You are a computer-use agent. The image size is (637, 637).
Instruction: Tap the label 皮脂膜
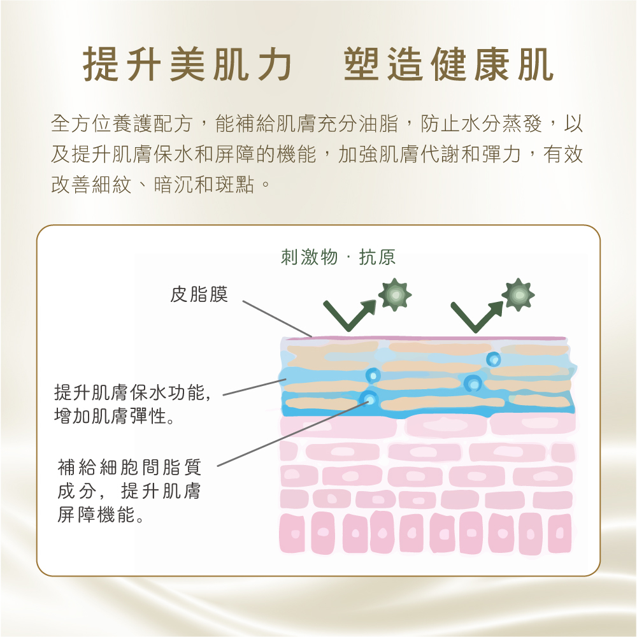[x=199, y=294]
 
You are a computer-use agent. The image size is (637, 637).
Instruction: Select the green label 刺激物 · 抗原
[x=338, y=257]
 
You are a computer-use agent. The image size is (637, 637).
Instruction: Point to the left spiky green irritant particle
[x=395, y=295]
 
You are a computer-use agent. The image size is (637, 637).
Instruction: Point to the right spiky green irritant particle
[x=518, y=295]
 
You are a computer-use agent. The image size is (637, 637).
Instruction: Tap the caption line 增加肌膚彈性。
[x=115, y=418]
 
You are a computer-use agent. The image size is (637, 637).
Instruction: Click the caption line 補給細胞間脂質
[x=129, y=468]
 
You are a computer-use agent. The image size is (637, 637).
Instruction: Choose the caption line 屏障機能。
[x=100, y=515]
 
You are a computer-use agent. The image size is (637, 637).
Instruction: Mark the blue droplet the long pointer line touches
[x=368, y=399]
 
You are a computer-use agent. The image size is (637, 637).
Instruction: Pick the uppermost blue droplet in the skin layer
[x=493, y=359]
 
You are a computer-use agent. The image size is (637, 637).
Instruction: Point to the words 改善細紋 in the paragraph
[x=92, y=185]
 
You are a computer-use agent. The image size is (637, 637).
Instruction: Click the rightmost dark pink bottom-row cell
[x=560, y=533]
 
